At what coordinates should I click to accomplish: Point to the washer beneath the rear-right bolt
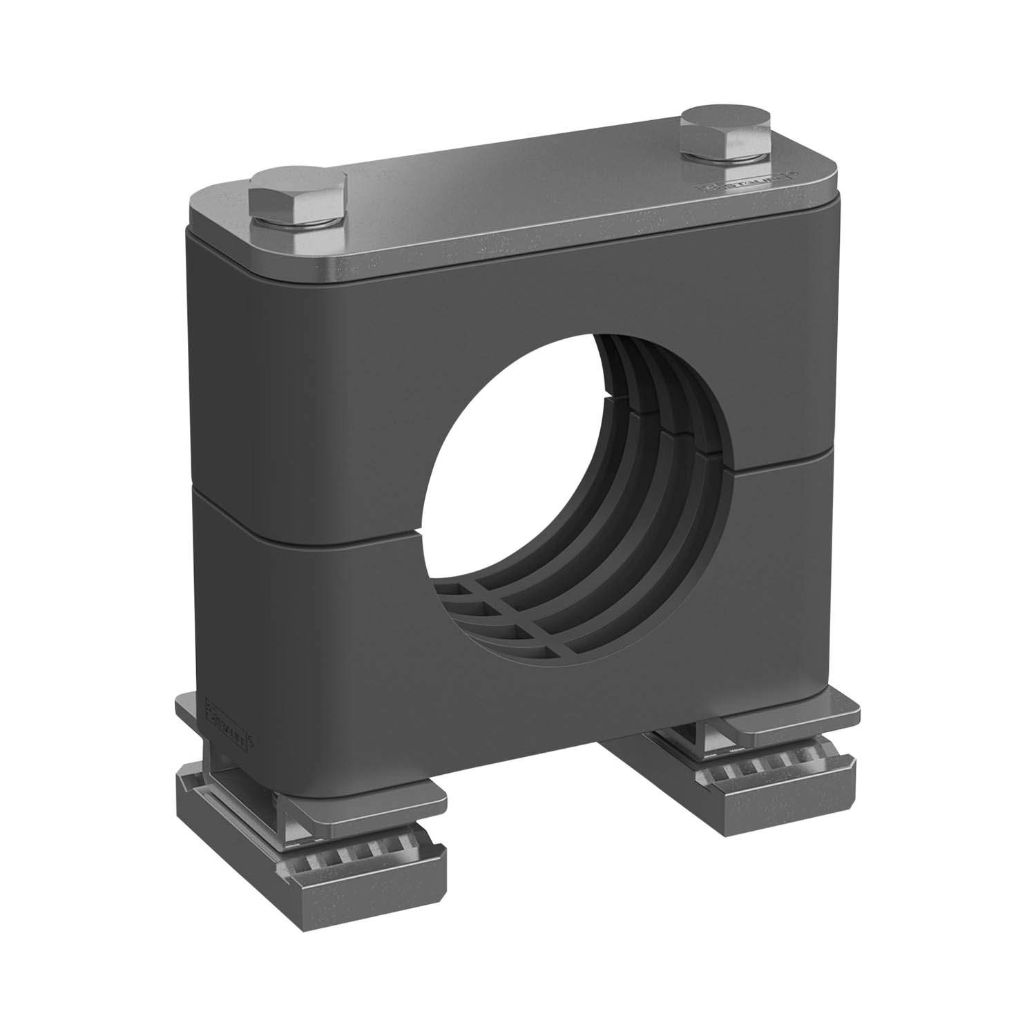click(x=725, y=157)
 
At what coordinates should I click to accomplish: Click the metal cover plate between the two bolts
click(x=511, y=186)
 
